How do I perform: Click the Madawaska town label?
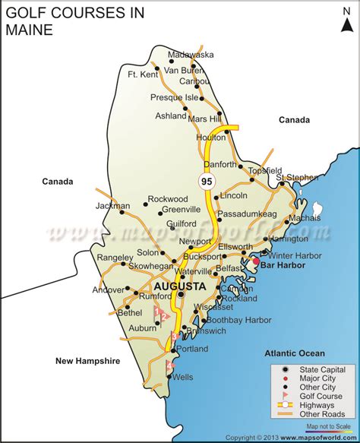[x=191, y=55]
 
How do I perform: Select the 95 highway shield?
[x=206, y=182]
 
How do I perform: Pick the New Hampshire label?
[x=88, y=362]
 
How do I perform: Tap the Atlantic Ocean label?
[x=295, y=353]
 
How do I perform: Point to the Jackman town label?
[x=112, y=206]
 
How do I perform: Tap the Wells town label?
[x=183, y=377]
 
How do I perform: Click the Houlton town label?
[x=210, y=138]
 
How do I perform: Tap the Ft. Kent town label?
[x=143, y=74]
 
